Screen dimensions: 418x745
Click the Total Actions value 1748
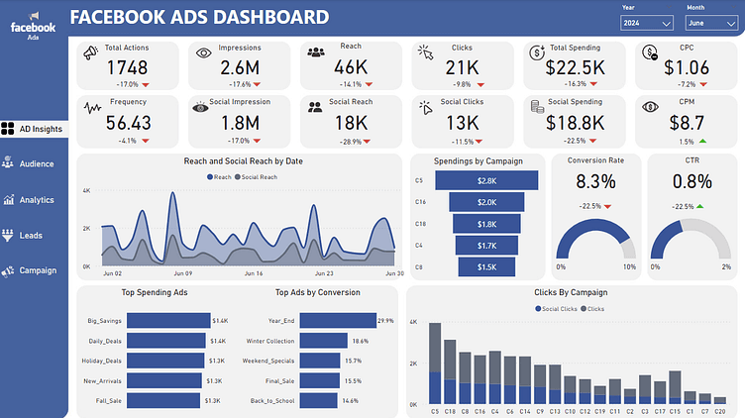pyautogui.click(x=126, y=67)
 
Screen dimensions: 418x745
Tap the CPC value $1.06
pyautogui.click(x=687, y=67)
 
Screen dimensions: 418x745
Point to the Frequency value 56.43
pyautogui.click(x=128, y=122)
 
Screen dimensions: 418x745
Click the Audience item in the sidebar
pyautogui.click(x=36, y=163)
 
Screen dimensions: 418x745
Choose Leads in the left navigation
pyautogui.click(x=30, y=235)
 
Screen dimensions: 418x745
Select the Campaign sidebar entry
pyautogui.click(x=37, y=270)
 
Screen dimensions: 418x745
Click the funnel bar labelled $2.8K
pyautogui.click(x=486, y=180)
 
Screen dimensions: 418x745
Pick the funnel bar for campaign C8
pyautogui.click(x=486, y=267)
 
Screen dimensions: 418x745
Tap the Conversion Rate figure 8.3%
pyautogui.click(x=595, y=181)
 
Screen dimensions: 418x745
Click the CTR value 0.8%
pyautogui.click(x=692, y=181)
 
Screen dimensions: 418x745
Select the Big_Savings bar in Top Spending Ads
pyautogui.click(x=168, y=321)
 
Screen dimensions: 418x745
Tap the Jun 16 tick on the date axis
pyautogui.click(x=253, y=273)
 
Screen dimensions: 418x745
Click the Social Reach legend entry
pyautogui.click(x=258, y=176)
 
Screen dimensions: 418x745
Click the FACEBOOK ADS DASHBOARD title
pyautogui.click(x=200, y=17)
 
